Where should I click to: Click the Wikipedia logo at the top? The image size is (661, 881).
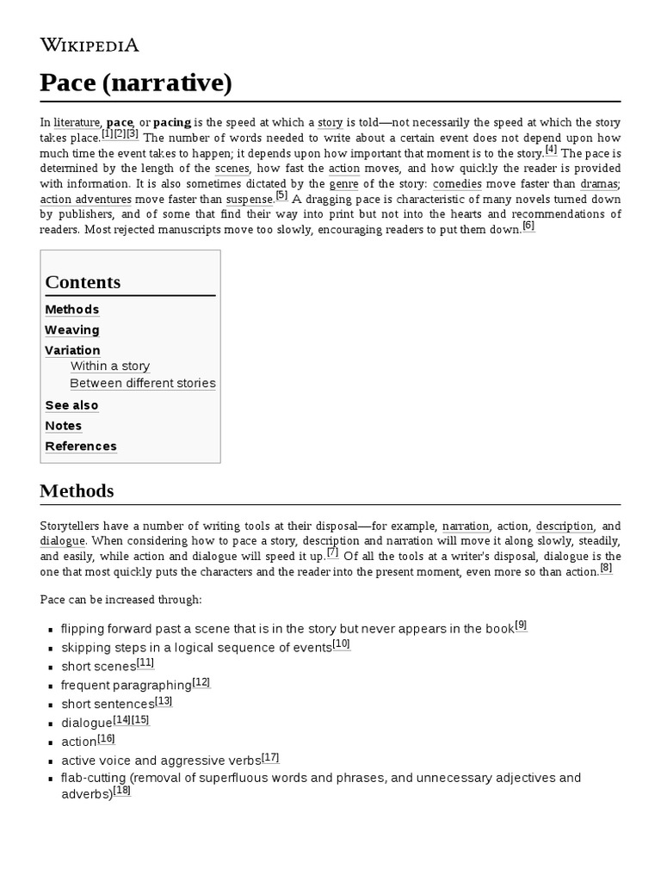coord(90,46)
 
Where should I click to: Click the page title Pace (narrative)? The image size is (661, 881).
coord(135,83)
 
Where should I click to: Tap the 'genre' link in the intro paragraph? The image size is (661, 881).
coord(343,184)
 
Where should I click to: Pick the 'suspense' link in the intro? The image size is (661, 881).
coord(249,200)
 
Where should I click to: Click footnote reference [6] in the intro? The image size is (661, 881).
coord(528,226)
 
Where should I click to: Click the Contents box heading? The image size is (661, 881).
coord(83,282)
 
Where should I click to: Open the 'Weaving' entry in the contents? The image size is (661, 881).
coord(72,330)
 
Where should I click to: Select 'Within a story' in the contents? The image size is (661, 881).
coord(110,367)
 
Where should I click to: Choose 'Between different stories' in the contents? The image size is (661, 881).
coord(143,384)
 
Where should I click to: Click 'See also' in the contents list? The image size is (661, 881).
coord(71,405)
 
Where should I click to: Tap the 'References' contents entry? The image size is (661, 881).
coord(81,447)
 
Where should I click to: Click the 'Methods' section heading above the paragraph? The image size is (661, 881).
coord(77,491)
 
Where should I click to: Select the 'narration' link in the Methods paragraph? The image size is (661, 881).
coord(466,526)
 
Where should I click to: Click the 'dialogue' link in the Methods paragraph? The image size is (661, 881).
coord(62,541)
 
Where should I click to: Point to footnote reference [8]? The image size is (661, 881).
coord(606,568)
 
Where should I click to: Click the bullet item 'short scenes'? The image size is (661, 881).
coord(98,667)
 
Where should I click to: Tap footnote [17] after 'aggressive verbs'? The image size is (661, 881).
coord(270,758)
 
